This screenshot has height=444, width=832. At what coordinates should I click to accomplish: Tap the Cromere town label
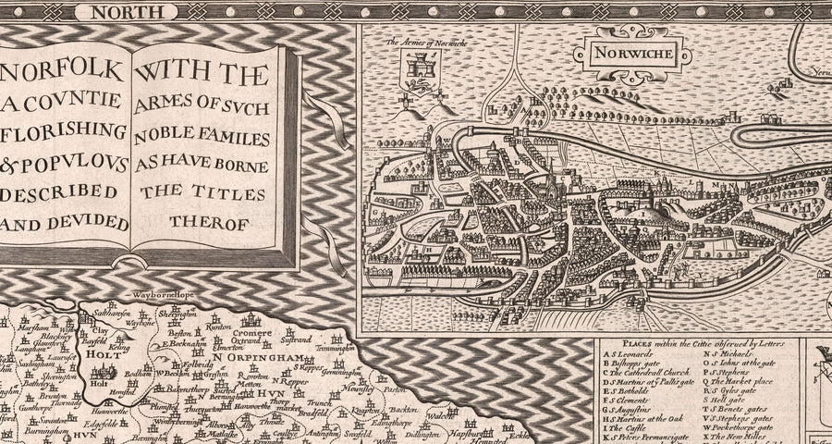coord(251,332)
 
